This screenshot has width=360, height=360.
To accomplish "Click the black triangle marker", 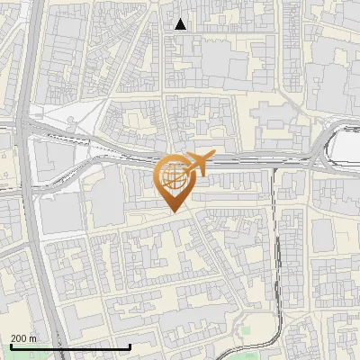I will [x=181, y=24].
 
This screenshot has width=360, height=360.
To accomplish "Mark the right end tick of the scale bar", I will [x=130, y=346].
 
